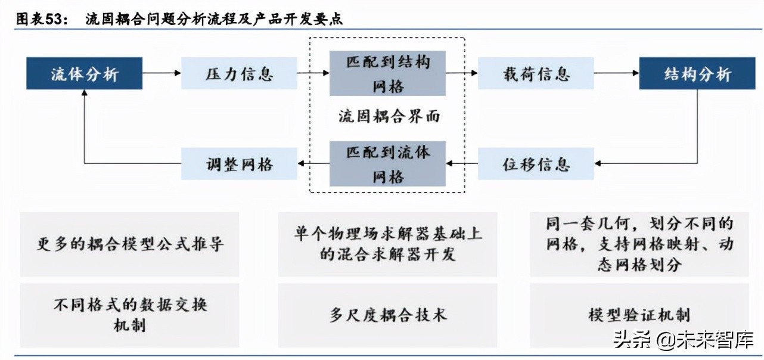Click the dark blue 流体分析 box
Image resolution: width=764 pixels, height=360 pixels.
[84, 73]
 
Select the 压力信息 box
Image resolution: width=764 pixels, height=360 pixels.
[239, 73]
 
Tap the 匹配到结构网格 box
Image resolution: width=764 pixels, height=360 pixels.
[387, 73]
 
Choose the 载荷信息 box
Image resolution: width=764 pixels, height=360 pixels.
[536, 73]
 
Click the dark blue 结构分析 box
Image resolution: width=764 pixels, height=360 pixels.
[697, 73]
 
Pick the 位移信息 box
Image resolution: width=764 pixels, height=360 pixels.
[536, 163]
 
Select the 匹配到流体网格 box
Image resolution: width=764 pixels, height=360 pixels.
[387, 163]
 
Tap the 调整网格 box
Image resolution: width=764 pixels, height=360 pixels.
[239, 163]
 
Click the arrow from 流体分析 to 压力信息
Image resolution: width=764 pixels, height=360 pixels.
[162, 73]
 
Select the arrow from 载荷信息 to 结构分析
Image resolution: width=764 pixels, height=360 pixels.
[616, 73]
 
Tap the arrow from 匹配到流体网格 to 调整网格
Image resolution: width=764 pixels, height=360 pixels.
[313, 163]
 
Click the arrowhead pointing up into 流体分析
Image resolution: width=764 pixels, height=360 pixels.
[84, 94]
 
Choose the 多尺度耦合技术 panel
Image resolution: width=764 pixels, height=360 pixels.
[387, 315]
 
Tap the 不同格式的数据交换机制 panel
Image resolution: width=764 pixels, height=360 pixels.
[130, 315]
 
